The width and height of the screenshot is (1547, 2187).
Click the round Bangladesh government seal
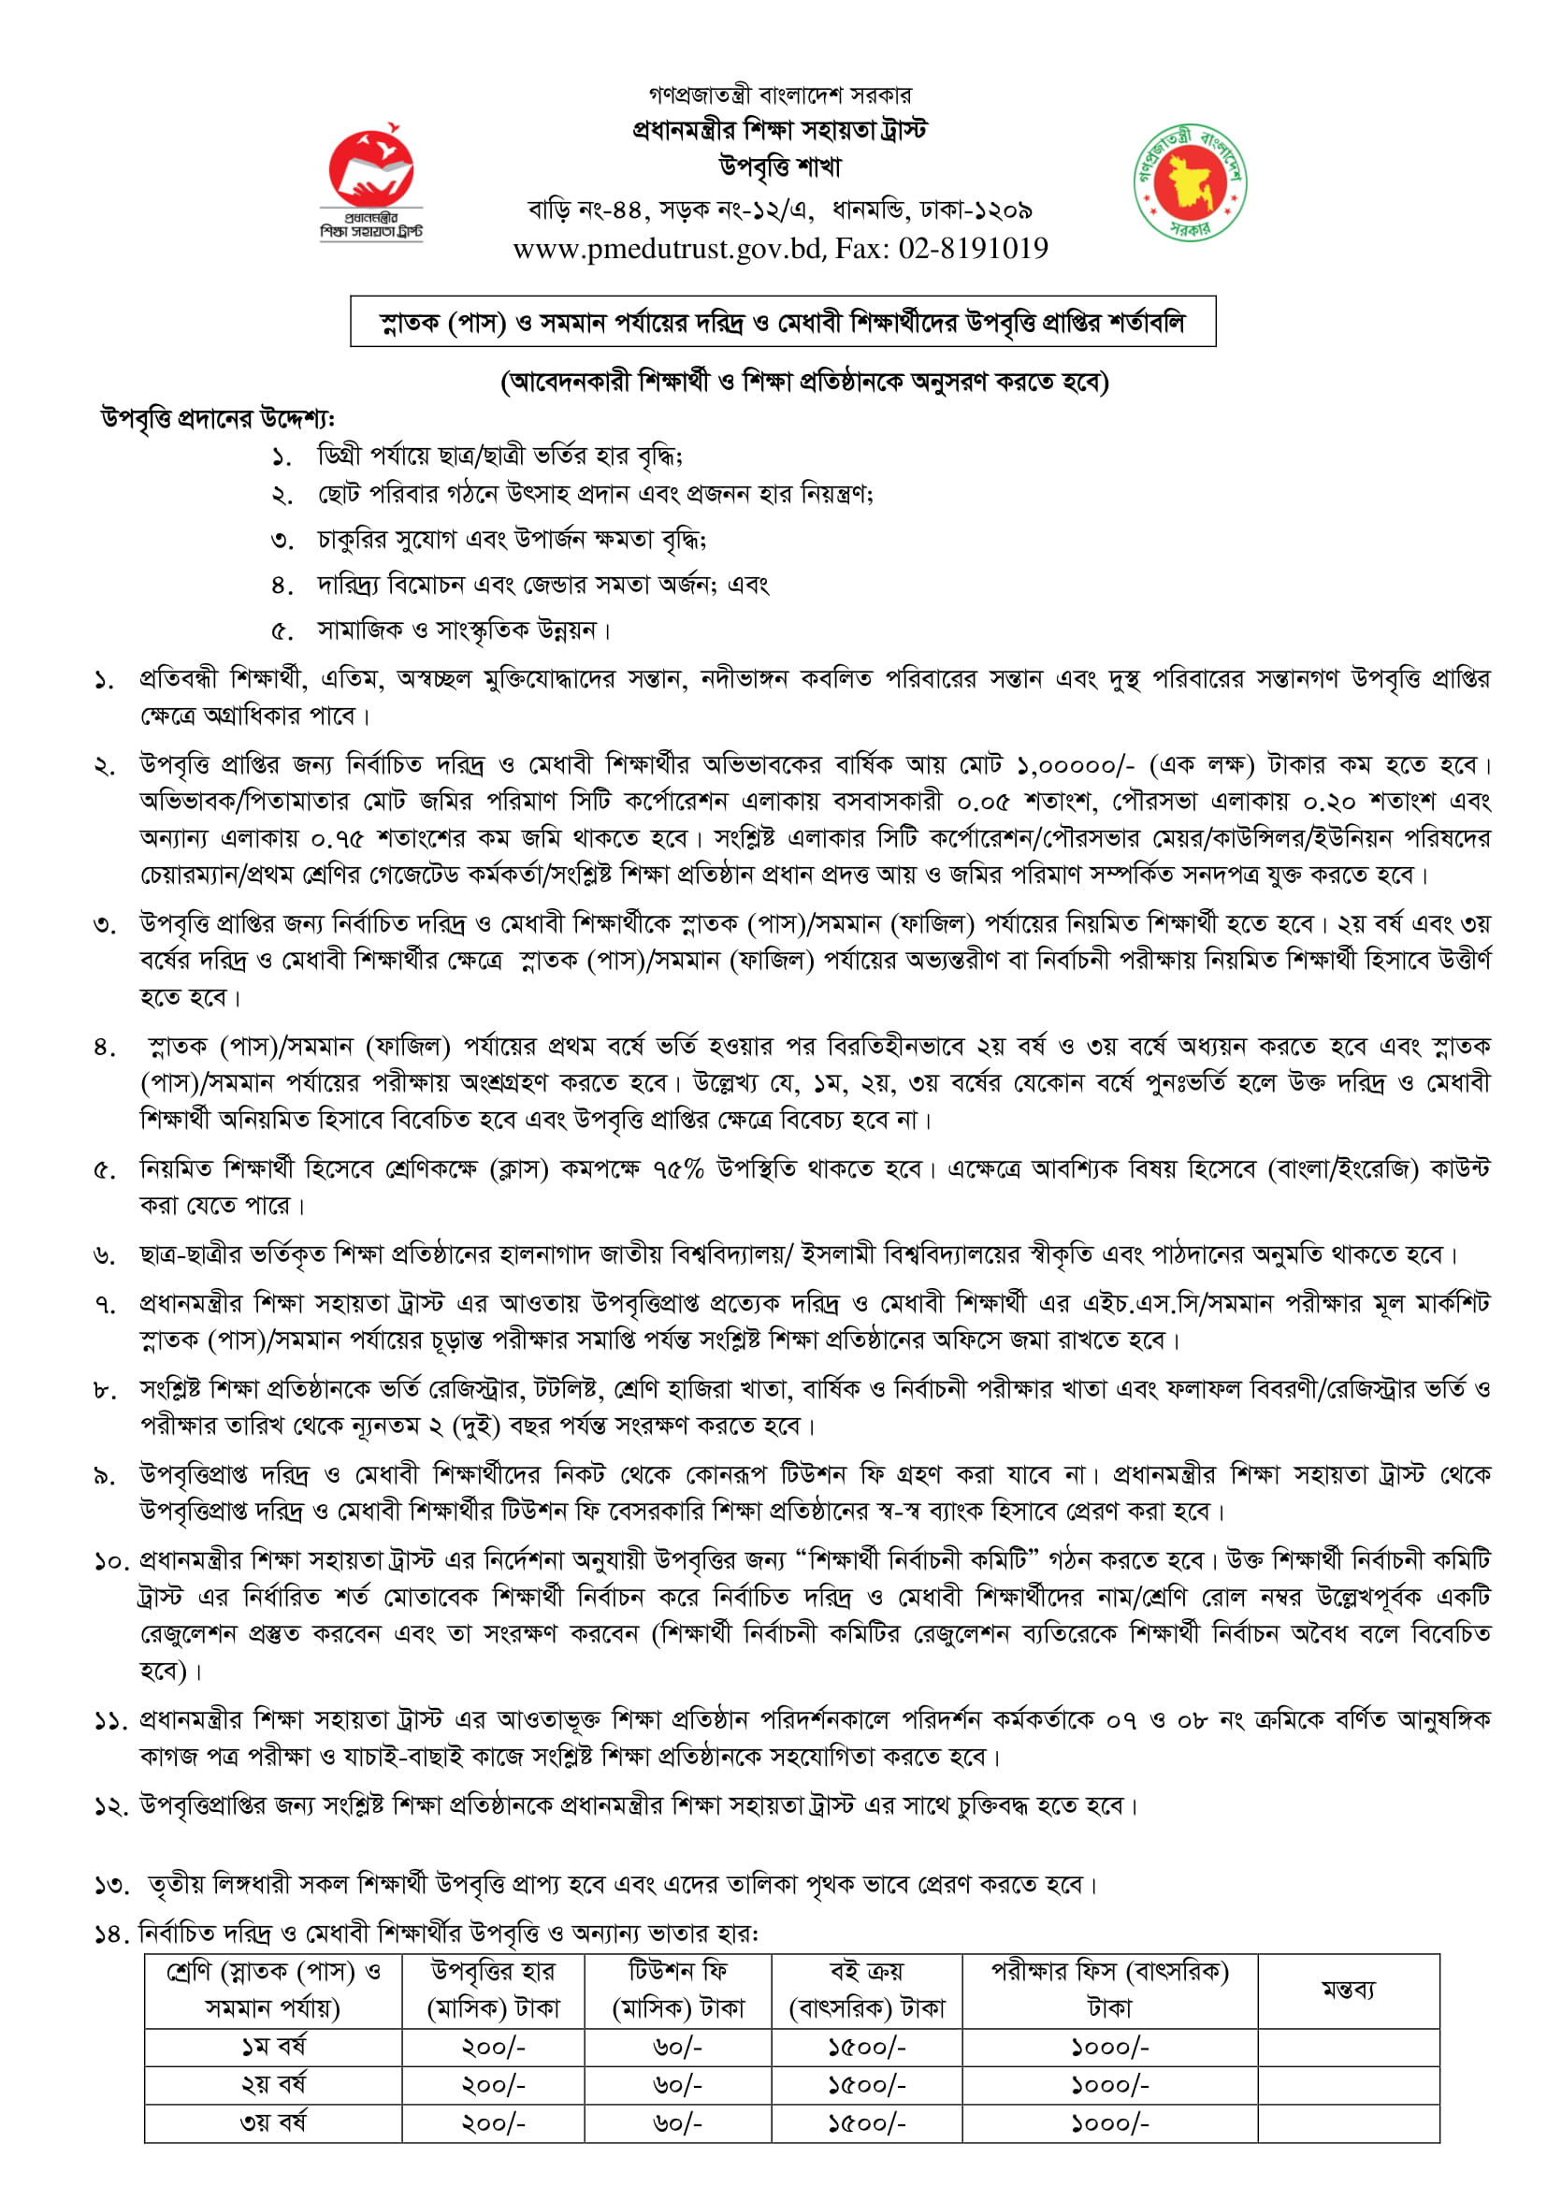point(1190,181)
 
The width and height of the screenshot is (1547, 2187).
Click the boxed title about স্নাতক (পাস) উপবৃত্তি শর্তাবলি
point(782,322)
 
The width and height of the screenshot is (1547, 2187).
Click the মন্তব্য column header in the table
point(1347,1990)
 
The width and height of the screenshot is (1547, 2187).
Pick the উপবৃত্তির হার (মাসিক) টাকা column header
point(493,1990)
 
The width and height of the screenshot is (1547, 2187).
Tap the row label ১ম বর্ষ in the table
point(273,2046)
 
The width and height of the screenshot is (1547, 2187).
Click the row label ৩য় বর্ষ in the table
point(273,2122)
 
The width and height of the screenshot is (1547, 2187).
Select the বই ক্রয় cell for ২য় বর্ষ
point(866,2085)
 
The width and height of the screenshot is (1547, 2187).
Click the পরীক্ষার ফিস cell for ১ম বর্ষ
point(1109,2047)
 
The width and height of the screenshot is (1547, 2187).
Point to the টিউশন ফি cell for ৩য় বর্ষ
point(677,2123)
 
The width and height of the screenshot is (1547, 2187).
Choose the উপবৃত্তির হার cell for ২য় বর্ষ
point(493,2085)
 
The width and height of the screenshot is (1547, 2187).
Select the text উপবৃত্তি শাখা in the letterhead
point(780,167)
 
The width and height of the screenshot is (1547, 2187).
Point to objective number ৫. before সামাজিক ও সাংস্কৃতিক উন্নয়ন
point(282,630)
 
